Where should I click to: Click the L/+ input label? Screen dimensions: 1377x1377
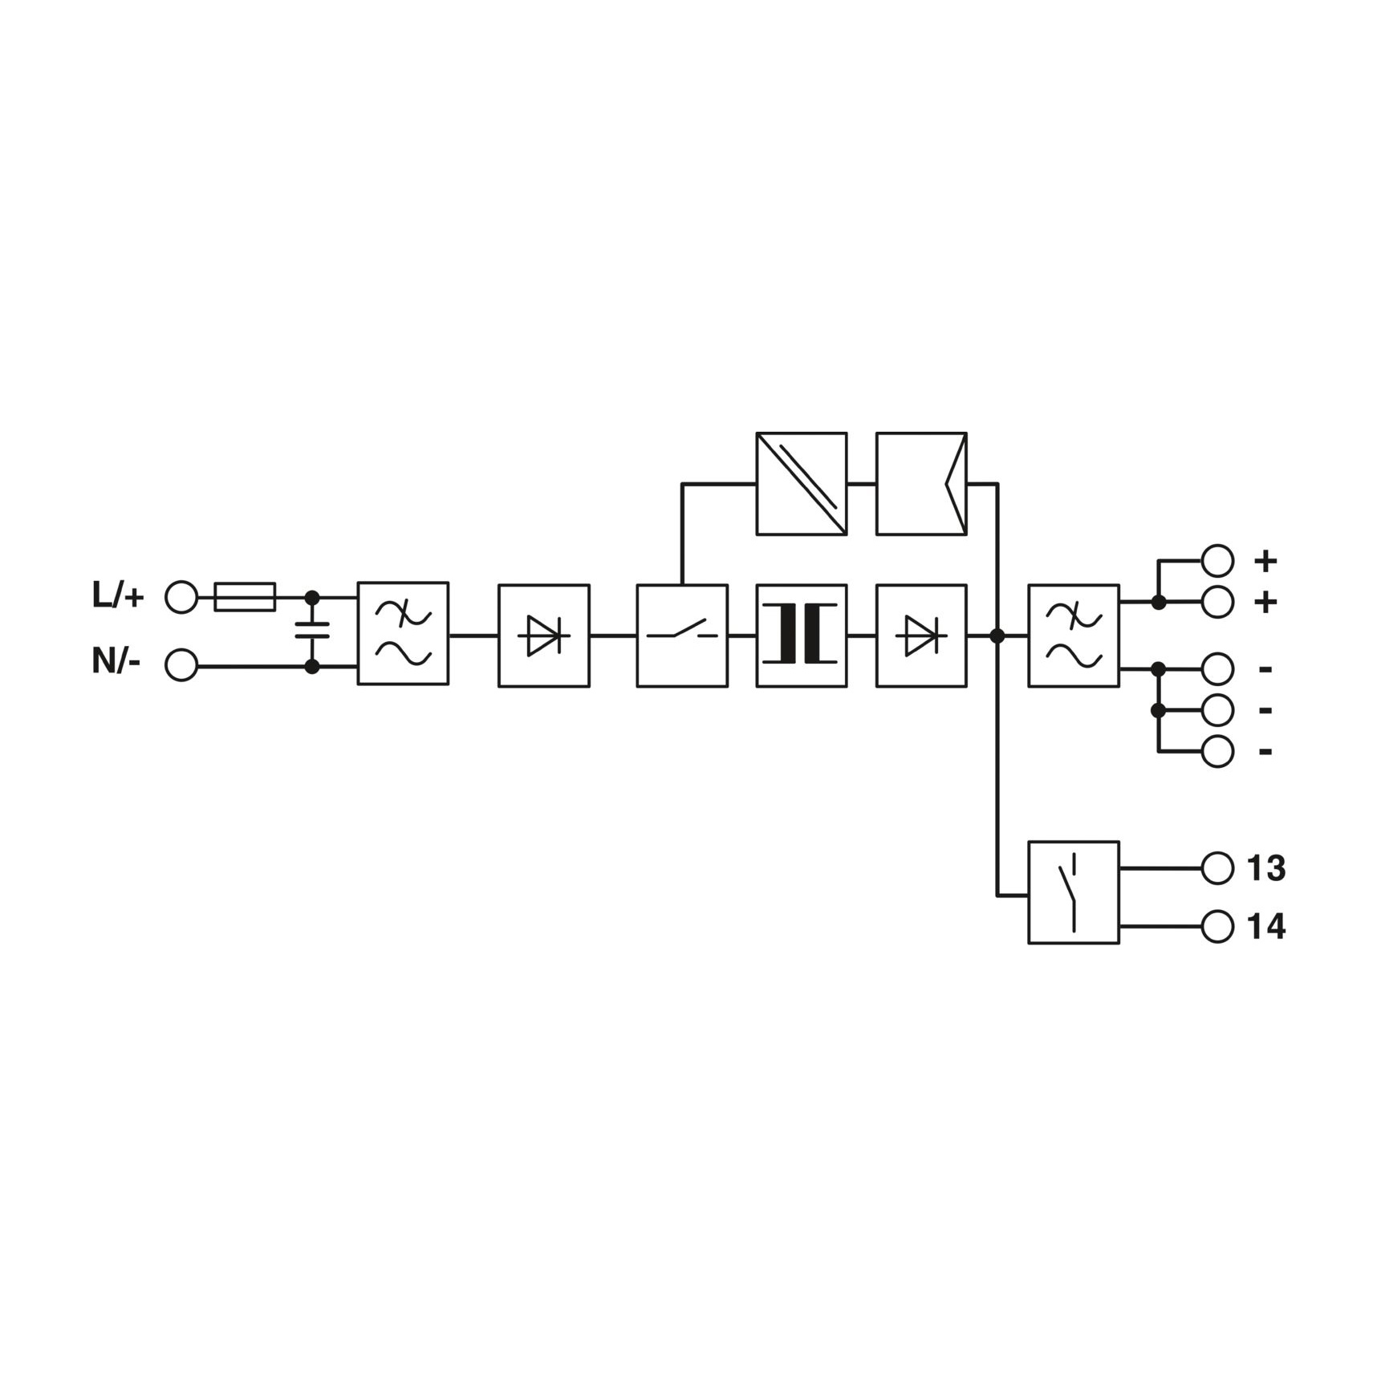coord(118,596)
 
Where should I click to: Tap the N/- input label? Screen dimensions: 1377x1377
coord(116,662)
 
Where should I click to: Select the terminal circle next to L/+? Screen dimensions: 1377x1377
coord(181,598)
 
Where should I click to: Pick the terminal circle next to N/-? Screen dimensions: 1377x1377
coord(181,665)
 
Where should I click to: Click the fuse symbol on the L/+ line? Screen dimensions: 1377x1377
coord(245,597)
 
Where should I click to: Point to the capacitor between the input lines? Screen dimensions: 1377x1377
coord(312,630)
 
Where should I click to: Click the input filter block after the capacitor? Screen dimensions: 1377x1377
coord(403,633)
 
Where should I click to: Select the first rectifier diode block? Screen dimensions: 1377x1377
coord(544,636)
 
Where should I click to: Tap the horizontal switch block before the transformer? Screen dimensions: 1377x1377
coord(682,636)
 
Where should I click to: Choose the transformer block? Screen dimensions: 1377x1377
coord(802,636)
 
